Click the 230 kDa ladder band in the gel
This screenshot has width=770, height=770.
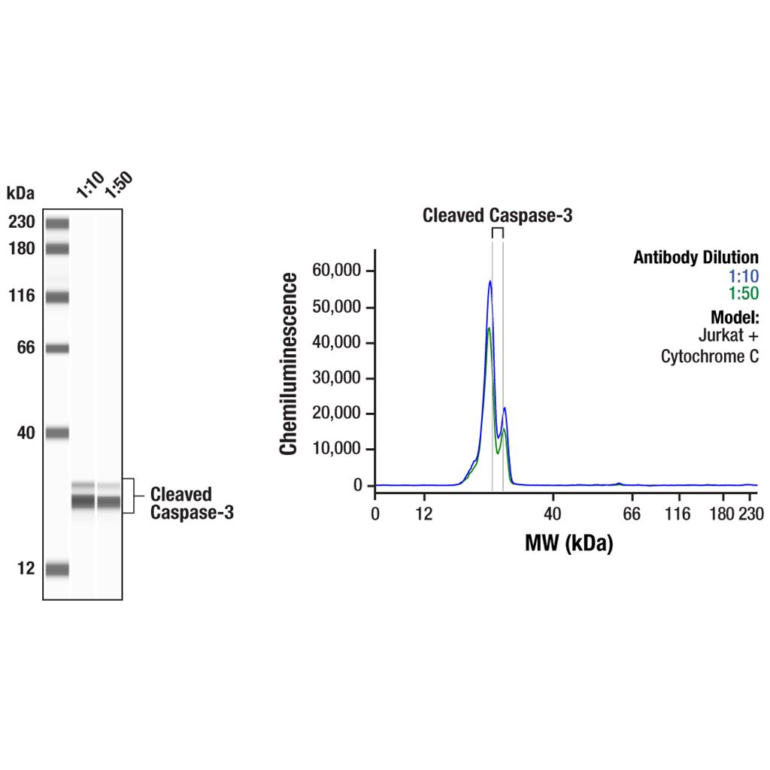coord(56,223)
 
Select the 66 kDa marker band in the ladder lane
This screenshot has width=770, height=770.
coord(56,348)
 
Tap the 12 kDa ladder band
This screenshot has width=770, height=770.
coord(56,568)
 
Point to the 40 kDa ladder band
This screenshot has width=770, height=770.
coord(56,432)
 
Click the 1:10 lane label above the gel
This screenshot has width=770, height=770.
coord(89,184)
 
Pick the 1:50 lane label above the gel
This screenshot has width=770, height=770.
coord(118,184)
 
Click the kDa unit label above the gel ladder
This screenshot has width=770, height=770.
coord(20,193)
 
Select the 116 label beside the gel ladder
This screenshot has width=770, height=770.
coord(22,296)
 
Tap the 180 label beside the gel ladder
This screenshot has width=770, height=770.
coord(22,248)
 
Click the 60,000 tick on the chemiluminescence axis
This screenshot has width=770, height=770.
coord(343,271)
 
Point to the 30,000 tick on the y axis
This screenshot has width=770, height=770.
coord(343,378)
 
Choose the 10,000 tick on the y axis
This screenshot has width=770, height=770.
coord(343,450)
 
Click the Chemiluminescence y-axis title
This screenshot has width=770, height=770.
coord(289,364)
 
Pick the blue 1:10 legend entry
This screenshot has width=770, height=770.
coord(744,276)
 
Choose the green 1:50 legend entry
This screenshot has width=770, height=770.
coord(744,293)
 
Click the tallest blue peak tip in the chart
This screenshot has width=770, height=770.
coord(490,281)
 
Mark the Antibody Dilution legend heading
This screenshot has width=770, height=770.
coord(696,258)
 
